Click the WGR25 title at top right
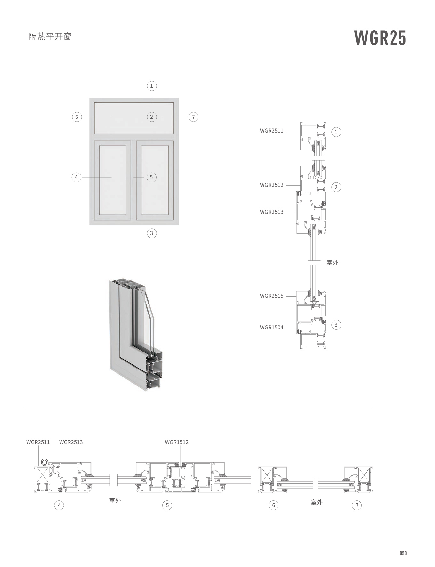click(x=380, y=38)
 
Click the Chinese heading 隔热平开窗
click(x=50, y=36)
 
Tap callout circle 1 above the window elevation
click(x=151, y=86)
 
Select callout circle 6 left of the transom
click(x=77, y=117)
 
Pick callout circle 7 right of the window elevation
click(x=193, y=117)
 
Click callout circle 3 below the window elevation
click(x=151, y=233)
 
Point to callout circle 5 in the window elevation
click(x=151, y=177)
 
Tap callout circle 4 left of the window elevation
click(x=76, y=177)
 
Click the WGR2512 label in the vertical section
click(x=271, y=185)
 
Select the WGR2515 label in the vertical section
click(x=271, y=296)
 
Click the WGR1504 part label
click(x=271, y=327)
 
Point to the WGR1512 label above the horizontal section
click(x=177, y=442)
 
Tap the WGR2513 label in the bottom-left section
click(x=71, y=442)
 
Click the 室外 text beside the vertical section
click(x=332, y=263)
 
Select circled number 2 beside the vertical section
click(x=336, y=187)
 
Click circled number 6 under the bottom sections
click(x=273, y=505)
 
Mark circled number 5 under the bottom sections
click(x=167, y=505)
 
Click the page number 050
click(x=403, y=553)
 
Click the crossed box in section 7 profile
click(x=364, y=475)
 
